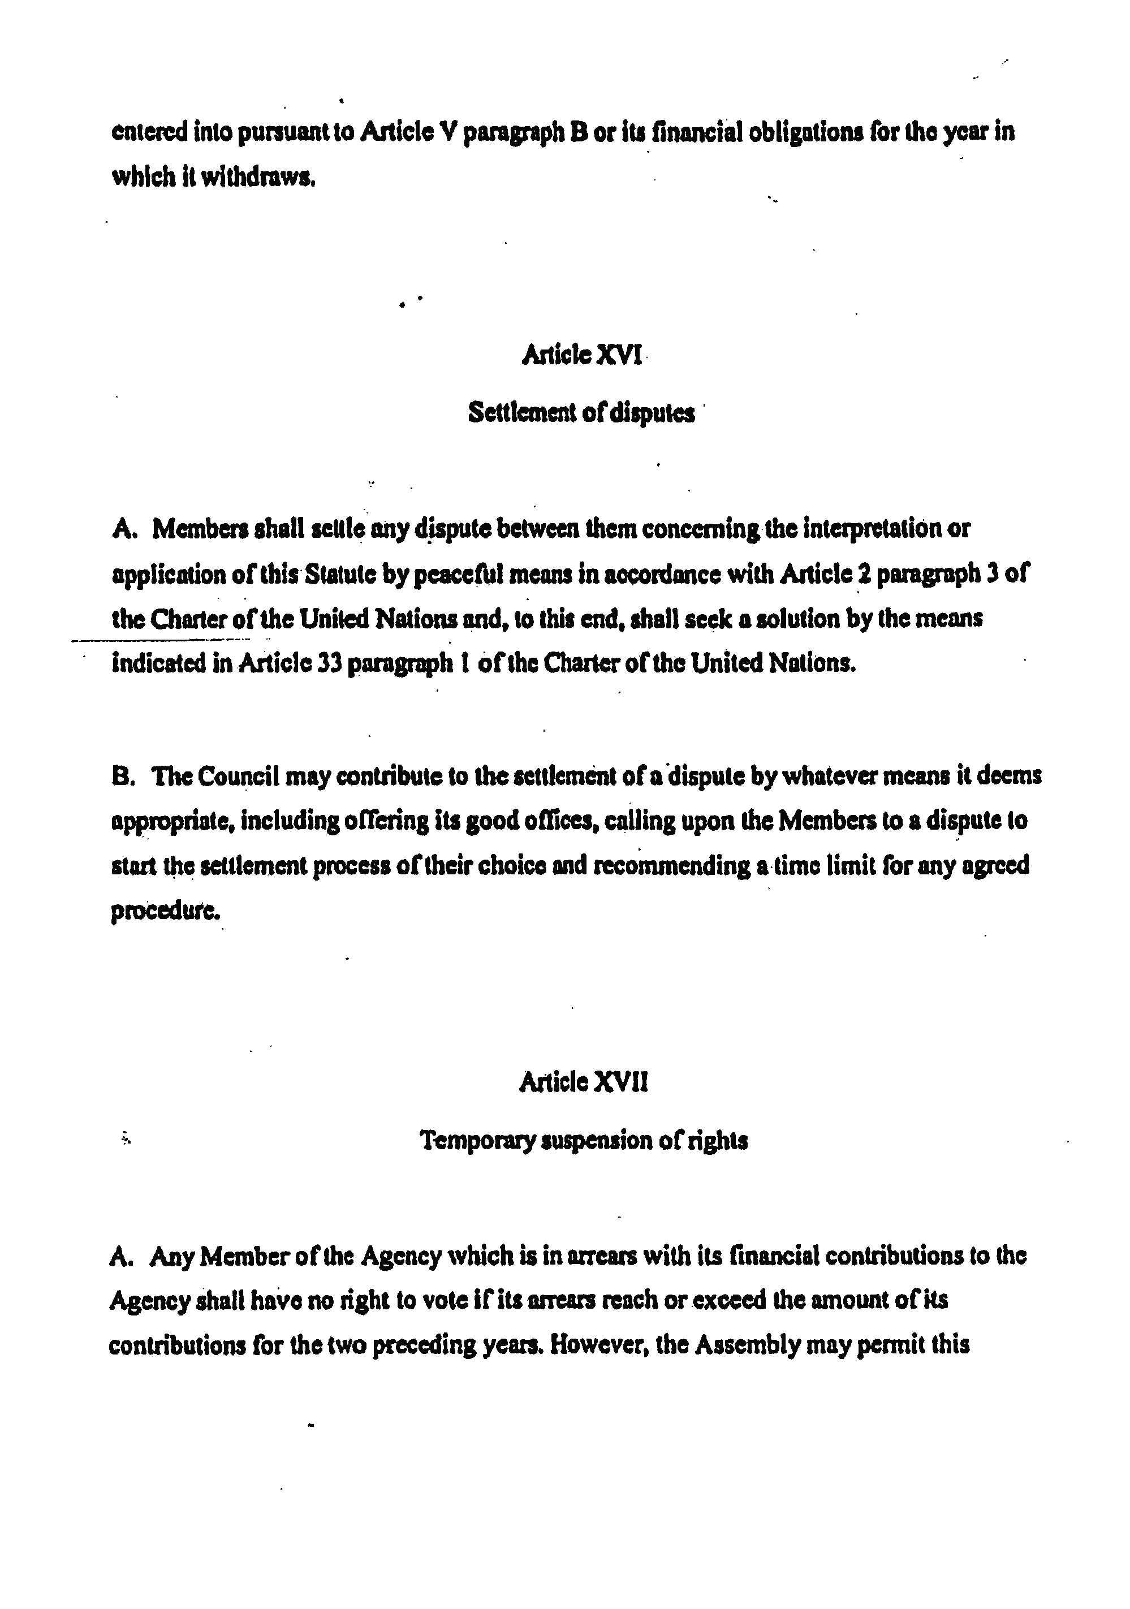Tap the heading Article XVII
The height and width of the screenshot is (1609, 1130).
click(x=583, y=1082)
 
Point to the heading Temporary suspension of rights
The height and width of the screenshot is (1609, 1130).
click(x=583, y=1141)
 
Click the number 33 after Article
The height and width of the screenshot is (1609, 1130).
click(x=328, y=663)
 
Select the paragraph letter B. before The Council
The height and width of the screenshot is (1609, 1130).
click(x=122, y=777)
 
